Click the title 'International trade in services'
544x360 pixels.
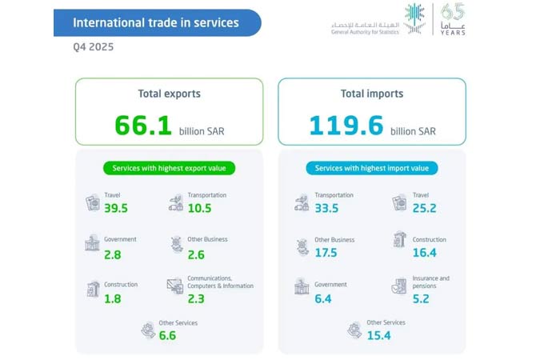[x=156, y=22]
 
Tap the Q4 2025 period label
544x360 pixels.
[x=92, y=47]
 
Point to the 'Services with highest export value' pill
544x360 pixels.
[x=169, y=168]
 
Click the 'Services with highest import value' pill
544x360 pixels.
[x=372, y=168]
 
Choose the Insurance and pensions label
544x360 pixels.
[x=432, y=282]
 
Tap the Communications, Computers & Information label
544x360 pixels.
[x=220, y=282]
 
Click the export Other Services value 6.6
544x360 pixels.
[x=167, y=335]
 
